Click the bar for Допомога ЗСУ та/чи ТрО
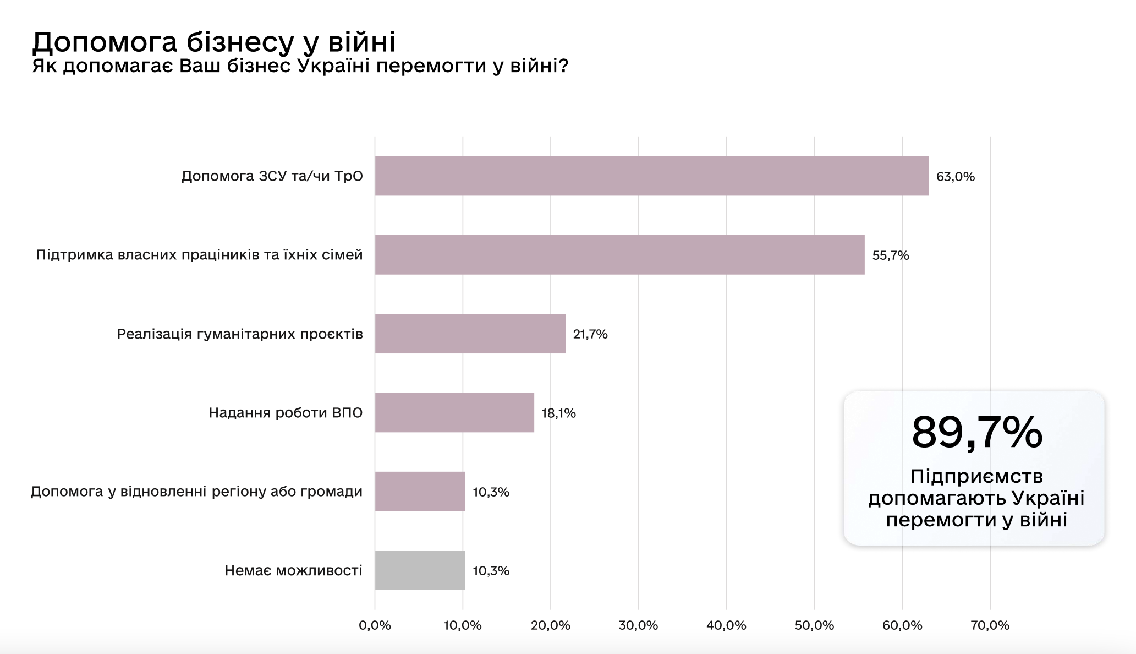tap(651, 176)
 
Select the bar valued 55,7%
tap(619, 255)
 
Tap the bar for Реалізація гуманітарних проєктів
tap(470, 334)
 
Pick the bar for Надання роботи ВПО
tap(454, 412)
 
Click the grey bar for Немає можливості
tap(420, 570)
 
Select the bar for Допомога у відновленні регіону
tap(420, 492)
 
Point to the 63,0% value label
tap(956, 177)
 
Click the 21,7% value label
tap(590, 334)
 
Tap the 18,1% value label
tap(558, 413)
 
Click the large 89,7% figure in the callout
tap(976, 433)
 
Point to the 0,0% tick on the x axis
tap(375, 625)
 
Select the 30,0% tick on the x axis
tap(639, 625)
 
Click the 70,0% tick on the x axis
tap(990, 625)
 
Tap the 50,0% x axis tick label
tap(815, 625)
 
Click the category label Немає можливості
tap(294, 570)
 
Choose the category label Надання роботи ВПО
tap(286, 413)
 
